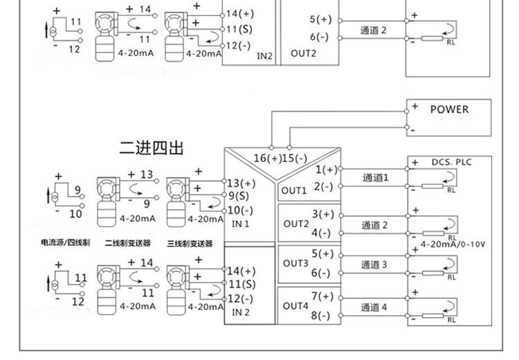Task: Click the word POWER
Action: point(449,109)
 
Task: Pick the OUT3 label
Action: point(295,263)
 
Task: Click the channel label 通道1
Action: point(376,178)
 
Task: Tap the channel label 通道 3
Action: point(374,265)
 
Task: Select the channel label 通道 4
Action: point(374,307)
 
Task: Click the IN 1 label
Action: point(240,224)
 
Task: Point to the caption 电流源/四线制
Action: point(65,243)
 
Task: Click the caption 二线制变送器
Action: point(129,243)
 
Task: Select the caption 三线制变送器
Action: point(190,243)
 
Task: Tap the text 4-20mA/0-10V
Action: point(453,244)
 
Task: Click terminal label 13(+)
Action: point(241,183)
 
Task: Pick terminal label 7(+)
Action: point(322,296)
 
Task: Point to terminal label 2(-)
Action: point(322,187)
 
